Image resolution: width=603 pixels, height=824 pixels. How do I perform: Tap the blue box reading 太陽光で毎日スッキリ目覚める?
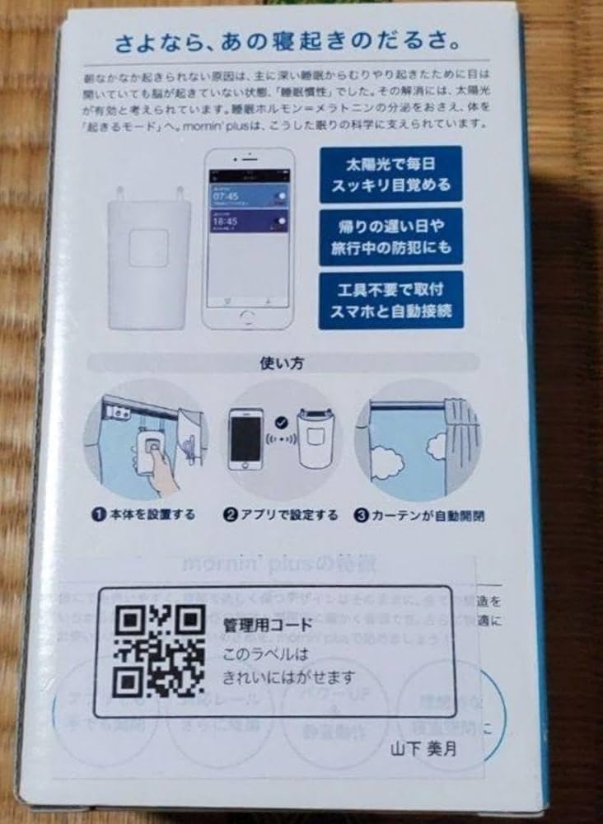pyautogui.click(x=390, y=174)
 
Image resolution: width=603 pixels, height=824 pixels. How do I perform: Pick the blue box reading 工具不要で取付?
pyautogui.click(x=390, y=300)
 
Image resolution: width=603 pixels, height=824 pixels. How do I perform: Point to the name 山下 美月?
pyautogui.click(x=424, y=750)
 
